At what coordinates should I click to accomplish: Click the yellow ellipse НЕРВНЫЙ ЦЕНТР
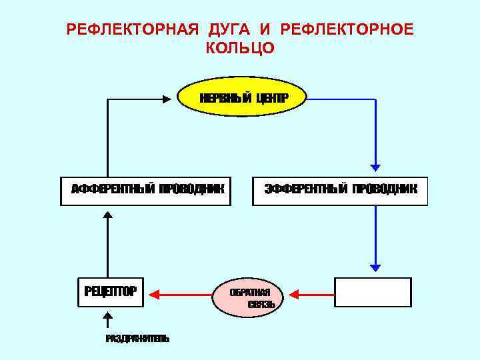click(243, 98)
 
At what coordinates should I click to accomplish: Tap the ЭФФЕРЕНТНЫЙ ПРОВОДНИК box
click(340, 191)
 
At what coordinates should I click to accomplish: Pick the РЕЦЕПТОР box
click(111, 292)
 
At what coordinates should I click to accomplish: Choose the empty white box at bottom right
click(373, 292)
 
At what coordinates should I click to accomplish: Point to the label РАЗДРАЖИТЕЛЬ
click(137, 339)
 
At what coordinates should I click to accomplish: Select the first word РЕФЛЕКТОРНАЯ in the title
click(133, 30)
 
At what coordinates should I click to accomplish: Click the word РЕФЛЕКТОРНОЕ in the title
click(347, 30)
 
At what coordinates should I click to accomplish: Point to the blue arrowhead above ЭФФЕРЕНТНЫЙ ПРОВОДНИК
click(375, 167)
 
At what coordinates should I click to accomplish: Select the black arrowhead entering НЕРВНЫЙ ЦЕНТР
click(167, 99)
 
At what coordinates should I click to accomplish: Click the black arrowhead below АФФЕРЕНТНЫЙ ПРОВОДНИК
click(108, 215)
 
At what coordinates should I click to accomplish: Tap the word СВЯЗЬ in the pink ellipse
click(260, 305)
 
